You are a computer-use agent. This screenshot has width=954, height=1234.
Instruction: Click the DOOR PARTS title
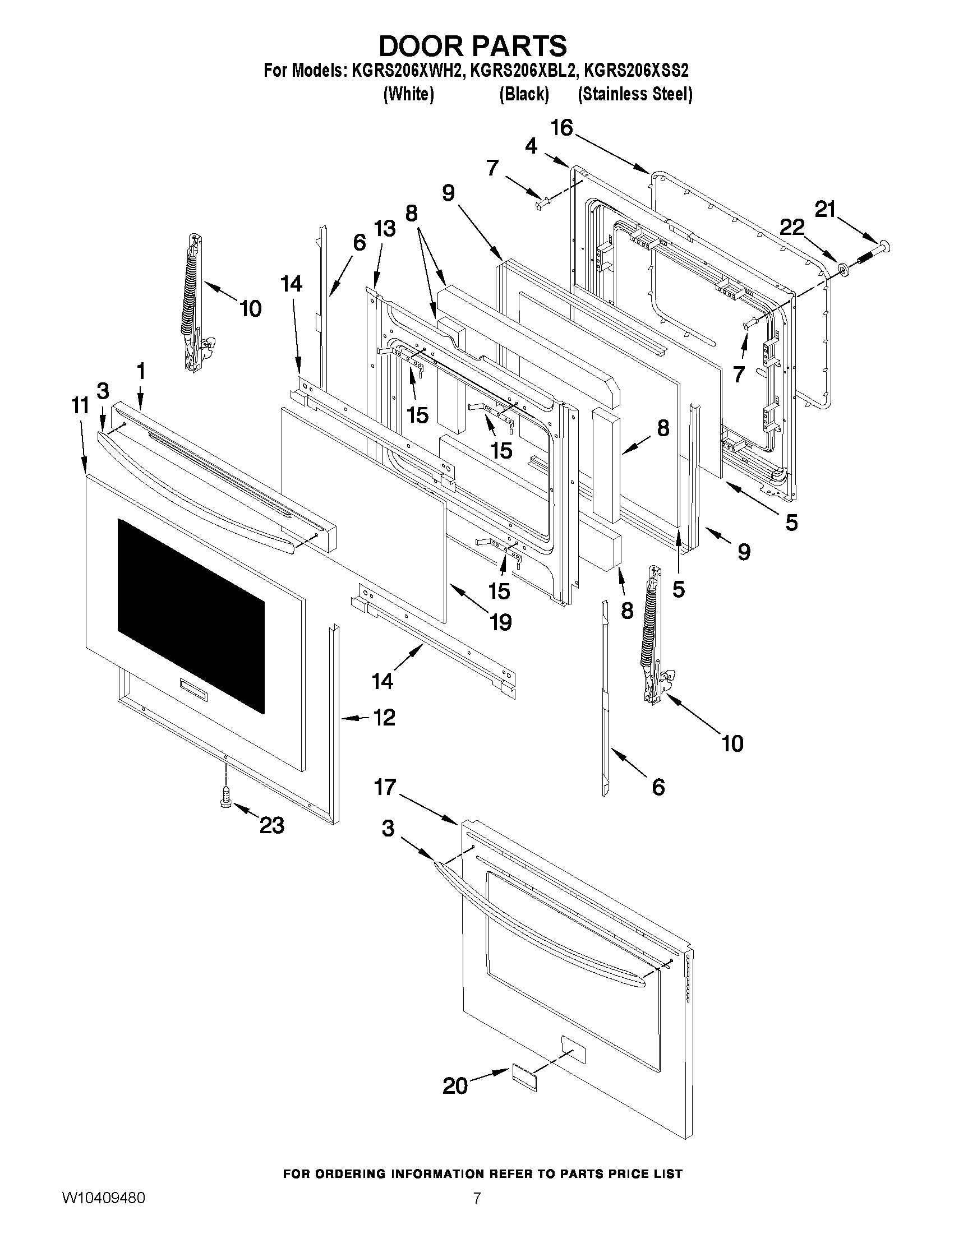tap(472, 45)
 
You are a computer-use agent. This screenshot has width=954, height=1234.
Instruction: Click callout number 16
tap(562, 128)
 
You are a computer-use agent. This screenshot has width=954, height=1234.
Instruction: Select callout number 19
tap(500, 622)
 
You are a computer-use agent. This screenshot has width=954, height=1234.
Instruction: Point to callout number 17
tap(385, 787)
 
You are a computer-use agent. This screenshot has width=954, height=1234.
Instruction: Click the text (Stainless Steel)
tap(634, 94)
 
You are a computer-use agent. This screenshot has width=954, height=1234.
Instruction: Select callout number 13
tap(384, 229)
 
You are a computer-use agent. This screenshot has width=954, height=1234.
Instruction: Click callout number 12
tap(384, 718)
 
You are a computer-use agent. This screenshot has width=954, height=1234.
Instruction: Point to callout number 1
tap(141, 371)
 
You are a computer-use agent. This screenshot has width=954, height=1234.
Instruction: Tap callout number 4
tap(531, 146)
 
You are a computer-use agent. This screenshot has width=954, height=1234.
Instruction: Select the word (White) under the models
tap(408, 94)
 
